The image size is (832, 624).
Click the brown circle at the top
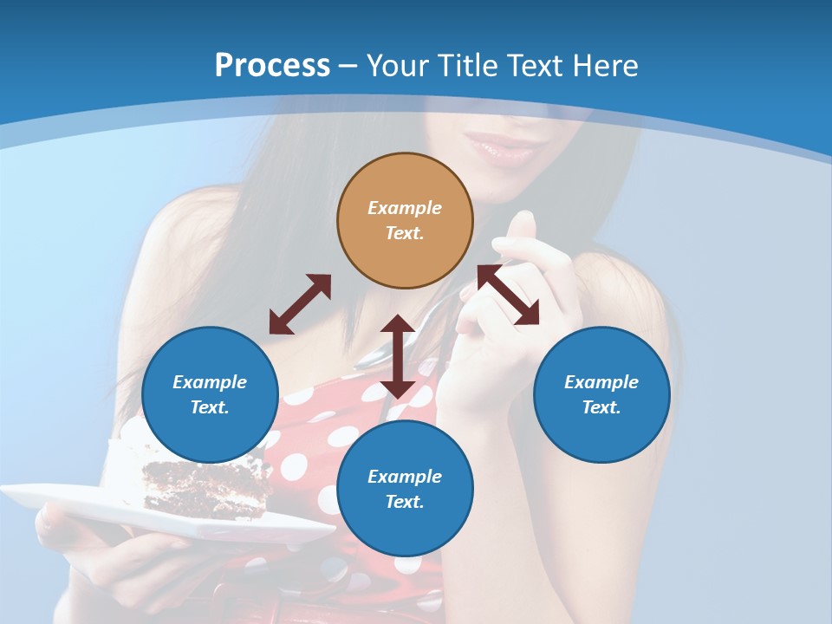point(405,220)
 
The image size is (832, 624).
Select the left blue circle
point(210,394)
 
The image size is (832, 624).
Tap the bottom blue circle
point(405,489)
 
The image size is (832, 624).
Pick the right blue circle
point(601,394)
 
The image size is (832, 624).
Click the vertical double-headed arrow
point(398,356)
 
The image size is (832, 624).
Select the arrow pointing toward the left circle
point(300,304)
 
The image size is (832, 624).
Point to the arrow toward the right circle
point(509,295)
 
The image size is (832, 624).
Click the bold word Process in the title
point(272,66)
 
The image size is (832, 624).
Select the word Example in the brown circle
point(405,208)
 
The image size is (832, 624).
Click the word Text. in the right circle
point(601,407)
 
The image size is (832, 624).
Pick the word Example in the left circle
point(210,382)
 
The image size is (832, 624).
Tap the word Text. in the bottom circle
point(405,502)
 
